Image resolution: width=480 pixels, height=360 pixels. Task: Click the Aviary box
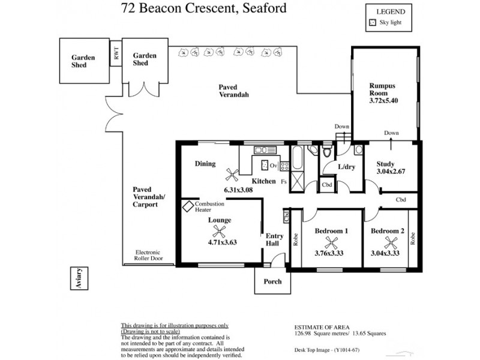coord(79,279)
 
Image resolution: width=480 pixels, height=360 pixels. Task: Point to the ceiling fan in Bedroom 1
coord(330,242)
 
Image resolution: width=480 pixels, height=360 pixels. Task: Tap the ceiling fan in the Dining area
coord(230,174)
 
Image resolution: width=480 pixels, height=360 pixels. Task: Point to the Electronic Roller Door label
coord(149,256)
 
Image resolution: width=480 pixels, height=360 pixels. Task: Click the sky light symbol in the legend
coord(373,23)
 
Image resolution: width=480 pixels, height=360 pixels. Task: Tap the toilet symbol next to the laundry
coord(327,152)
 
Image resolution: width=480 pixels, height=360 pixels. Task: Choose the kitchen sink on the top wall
coord(263,150)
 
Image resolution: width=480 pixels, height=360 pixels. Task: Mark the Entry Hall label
coord(274,240)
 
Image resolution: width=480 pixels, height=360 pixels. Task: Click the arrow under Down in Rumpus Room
coord(391,142)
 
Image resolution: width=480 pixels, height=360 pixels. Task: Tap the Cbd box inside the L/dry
coord(327,185)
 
